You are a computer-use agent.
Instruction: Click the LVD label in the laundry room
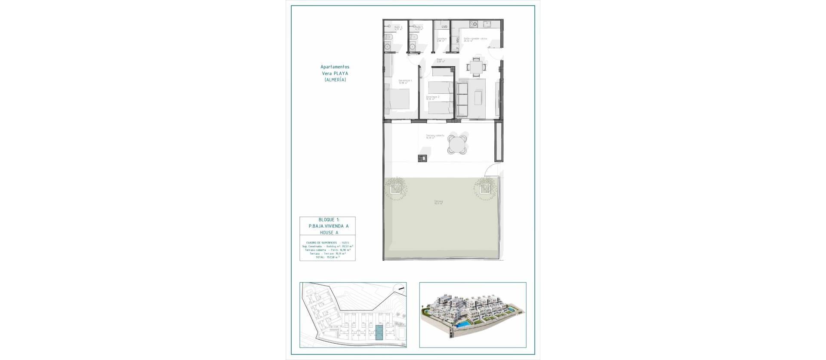point(444,27)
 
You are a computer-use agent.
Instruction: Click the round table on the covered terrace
point(457,145)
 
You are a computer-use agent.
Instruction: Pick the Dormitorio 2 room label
point(433,97)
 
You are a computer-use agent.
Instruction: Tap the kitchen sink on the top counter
point(488,24)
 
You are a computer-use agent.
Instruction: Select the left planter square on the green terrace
point(395,188)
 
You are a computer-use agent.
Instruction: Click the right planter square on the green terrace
point(485,188)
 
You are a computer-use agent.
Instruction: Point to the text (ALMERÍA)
point(335,80)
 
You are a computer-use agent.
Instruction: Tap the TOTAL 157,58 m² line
point(327,257)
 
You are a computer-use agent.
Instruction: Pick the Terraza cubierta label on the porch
point(435,136)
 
